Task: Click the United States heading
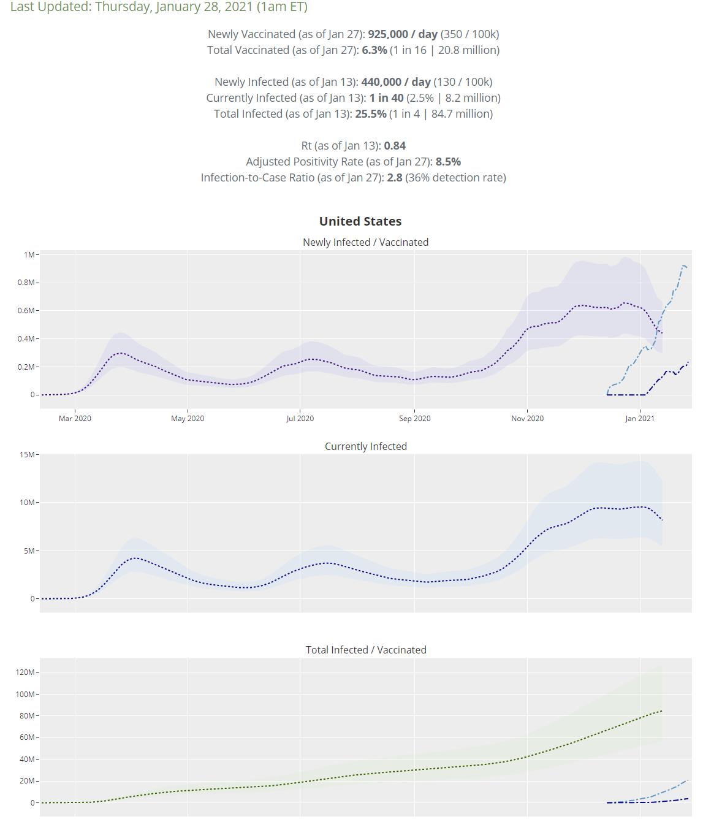[360, 221]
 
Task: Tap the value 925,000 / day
[402, 34]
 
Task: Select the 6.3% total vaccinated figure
[374, 50]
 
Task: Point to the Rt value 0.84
[395, 146]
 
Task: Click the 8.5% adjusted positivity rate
[448, 162]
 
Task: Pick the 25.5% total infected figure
[371, 114]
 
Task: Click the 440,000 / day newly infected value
[396, 82]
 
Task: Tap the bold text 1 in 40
[386, 98]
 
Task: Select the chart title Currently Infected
[366, 446]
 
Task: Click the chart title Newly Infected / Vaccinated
[366, 242]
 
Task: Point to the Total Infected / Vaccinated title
[366, 650]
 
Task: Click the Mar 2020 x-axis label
[75, 419]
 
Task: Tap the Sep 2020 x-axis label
[414, 419]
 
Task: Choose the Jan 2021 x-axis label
[639, 419]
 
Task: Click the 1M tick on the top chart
[29, 255]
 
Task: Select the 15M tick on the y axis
[28, 455]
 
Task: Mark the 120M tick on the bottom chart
[25, 672]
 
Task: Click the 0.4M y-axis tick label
[26, 339]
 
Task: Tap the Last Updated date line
[159, 7]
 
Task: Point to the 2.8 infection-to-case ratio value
[395, 178]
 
